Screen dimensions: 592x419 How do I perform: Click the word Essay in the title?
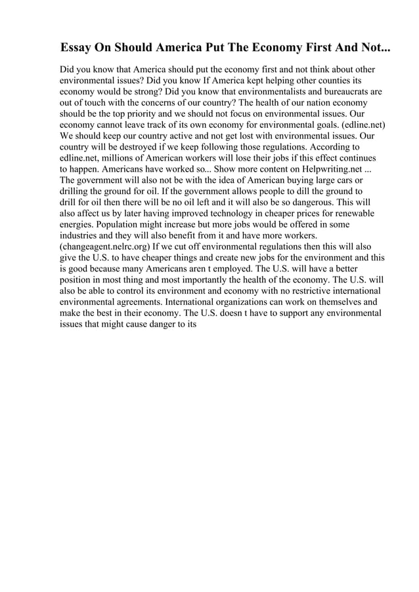pos(76,49)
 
